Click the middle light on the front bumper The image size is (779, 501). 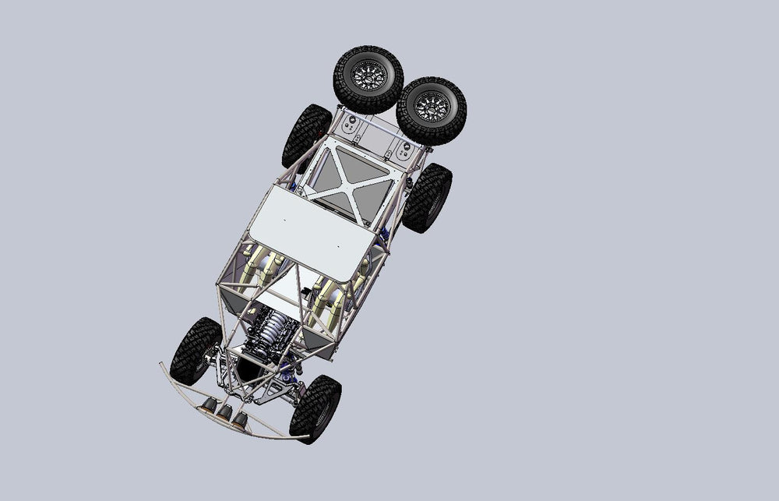pos(224,412)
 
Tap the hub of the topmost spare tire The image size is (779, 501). pos(368,76)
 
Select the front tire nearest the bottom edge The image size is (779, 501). pos(315,408)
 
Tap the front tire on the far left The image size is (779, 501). pos(195,350)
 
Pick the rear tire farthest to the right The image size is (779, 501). pos(427,197)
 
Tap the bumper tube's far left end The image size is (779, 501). pos(162,365)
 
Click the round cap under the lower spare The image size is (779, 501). pos(404,151)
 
